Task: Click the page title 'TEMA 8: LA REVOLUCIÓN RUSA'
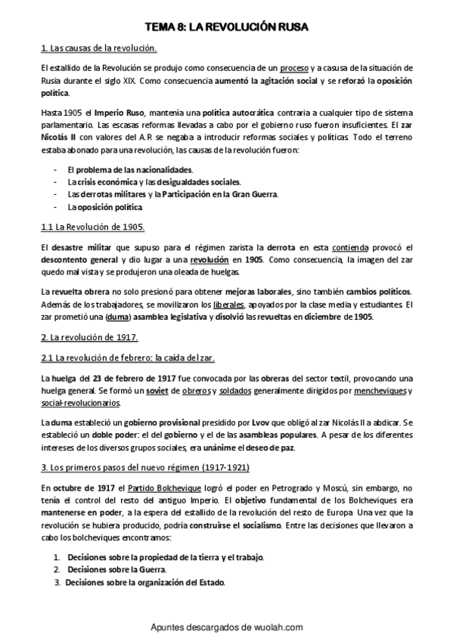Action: [226, 28]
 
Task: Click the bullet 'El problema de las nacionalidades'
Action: [130, 170]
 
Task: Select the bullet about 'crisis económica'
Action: [154, 182]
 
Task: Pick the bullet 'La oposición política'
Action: [104, 206]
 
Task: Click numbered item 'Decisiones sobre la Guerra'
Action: [116, 569]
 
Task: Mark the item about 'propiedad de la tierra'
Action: [166, 557]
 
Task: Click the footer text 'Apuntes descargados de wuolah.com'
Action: [226, 627]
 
